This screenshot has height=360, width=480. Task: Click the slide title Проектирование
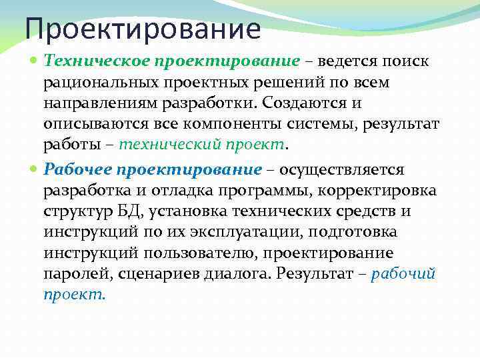[x=142, y=29]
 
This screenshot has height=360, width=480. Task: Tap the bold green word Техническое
[x=97, y=61]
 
